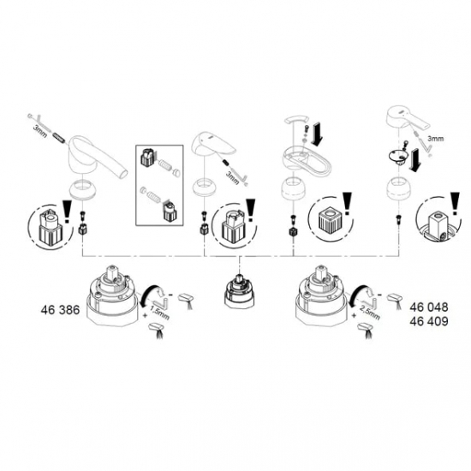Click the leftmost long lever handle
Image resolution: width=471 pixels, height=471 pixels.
(97, 153)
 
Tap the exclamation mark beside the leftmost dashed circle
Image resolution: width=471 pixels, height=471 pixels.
(68, 209)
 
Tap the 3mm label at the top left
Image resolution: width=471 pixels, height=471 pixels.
(39, 128)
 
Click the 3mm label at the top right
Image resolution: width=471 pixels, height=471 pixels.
(437, 135)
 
